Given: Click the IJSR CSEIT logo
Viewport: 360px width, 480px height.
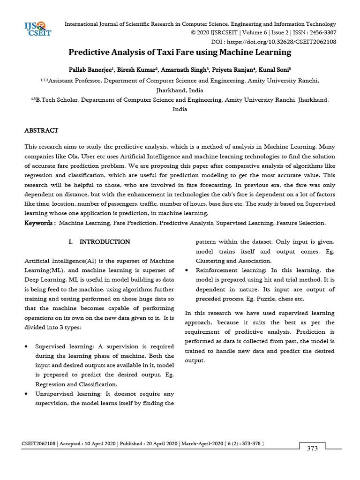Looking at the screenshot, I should (37, 29).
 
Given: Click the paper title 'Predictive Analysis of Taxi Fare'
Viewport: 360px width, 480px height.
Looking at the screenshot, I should (180, 52).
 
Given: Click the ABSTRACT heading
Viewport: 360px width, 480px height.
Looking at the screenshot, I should (41, 130).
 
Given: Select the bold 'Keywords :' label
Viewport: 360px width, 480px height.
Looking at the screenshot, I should (40, 223).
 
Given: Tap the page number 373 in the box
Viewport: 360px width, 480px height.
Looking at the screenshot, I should (312, 448).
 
